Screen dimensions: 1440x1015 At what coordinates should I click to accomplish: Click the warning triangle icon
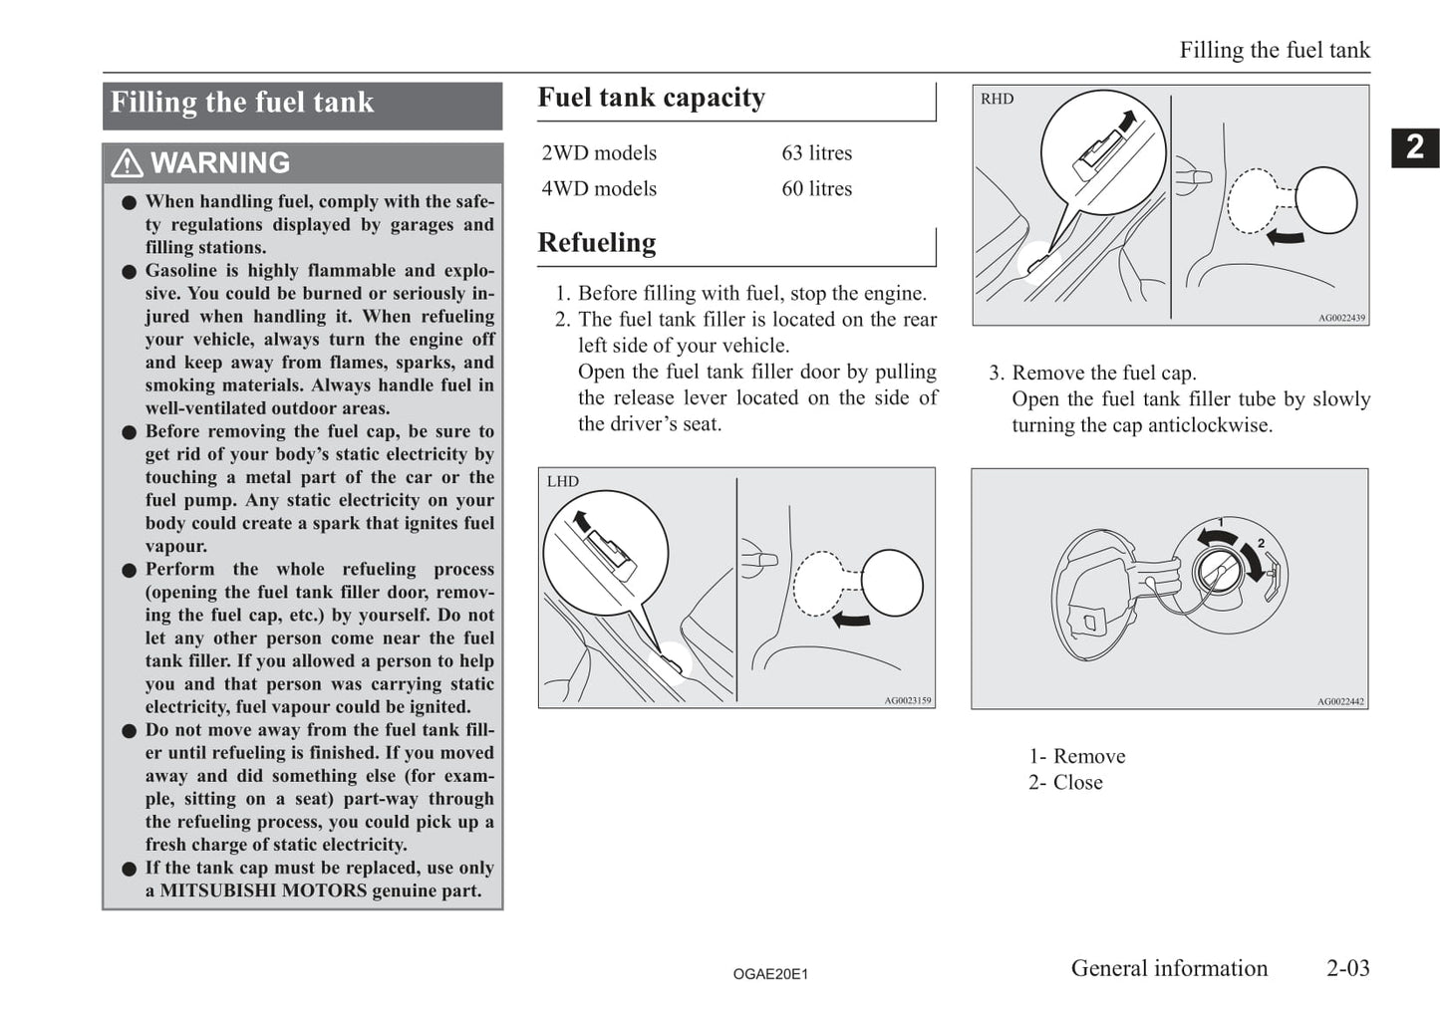(127, 163)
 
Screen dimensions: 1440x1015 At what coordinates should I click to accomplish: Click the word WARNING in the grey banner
(220, 163)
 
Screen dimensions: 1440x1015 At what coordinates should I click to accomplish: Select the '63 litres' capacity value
(816, 152)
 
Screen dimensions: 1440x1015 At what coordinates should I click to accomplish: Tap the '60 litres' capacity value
(816, 189)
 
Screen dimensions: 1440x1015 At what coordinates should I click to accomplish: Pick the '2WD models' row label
(599, 152)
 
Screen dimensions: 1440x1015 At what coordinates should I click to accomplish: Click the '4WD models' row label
(599, 189)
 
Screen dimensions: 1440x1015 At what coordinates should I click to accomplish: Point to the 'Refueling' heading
(597, 243)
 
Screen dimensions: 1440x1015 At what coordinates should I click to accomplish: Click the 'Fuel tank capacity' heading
(651, 98)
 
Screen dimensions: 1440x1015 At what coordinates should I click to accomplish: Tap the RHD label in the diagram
(997, 99)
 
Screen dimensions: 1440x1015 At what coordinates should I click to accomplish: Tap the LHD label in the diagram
(562, 482)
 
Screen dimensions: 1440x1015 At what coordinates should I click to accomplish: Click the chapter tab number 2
(1414, 147)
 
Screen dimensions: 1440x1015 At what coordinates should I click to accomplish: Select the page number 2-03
(1348, 968)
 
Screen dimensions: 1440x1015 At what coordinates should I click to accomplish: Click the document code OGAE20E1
(770, 974)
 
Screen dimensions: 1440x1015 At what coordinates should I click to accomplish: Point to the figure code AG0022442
(1340, 701)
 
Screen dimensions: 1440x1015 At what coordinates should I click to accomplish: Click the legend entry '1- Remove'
(1077, 756)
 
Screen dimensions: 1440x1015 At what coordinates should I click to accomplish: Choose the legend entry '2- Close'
(1065, 783)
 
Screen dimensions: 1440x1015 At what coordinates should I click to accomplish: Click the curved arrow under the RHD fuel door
(1285, 238)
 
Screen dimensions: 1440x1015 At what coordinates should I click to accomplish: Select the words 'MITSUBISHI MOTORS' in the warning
(263, 890)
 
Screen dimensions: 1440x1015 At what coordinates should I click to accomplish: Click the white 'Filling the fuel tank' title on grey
(242, 103)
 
